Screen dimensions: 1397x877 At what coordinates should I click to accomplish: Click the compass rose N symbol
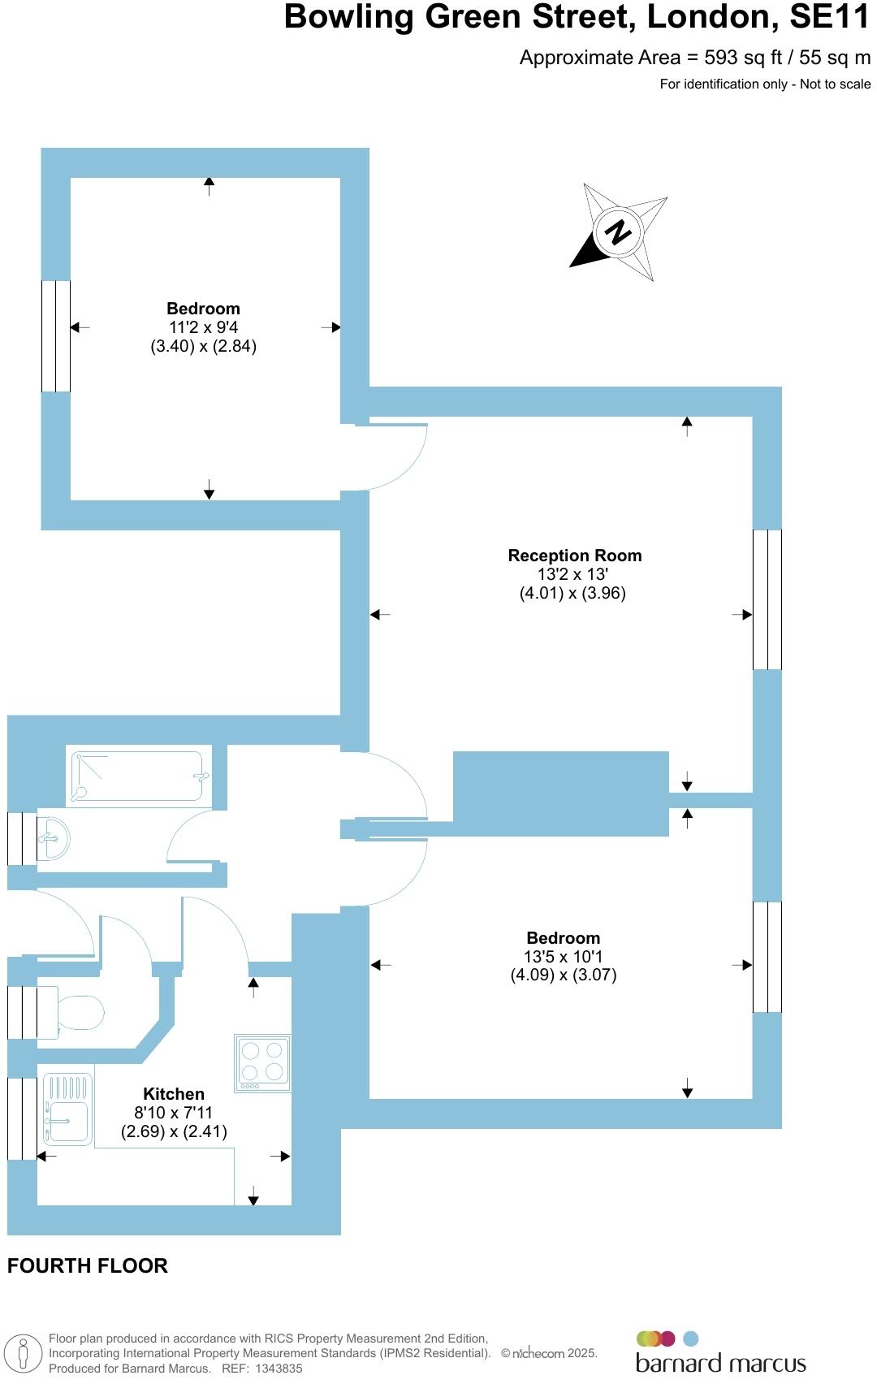coord(619,232)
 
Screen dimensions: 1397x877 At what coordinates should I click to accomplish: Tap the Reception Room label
coord(574,556)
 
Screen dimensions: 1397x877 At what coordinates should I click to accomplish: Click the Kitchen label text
coord(174,1094)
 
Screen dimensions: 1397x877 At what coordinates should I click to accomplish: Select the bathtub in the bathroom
coord(137,776)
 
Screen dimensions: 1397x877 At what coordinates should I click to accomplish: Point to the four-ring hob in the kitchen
coord(262,1062)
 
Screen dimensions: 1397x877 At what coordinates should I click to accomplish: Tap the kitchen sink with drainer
coord(68,1109)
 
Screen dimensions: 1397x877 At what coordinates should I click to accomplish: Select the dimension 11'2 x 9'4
coord(203,327)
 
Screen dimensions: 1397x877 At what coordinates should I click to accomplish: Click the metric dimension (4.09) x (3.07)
coord(563,975)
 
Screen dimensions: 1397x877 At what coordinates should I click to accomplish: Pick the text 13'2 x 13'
coord(574,574)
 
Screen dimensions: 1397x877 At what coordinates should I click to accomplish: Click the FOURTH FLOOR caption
coord(88,1265)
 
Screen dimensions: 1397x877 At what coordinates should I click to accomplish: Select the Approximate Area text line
coord(694,58)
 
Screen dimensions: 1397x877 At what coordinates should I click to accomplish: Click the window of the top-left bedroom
coord(56,336)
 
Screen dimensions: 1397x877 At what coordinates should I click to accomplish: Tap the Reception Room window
coord(767,599)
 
